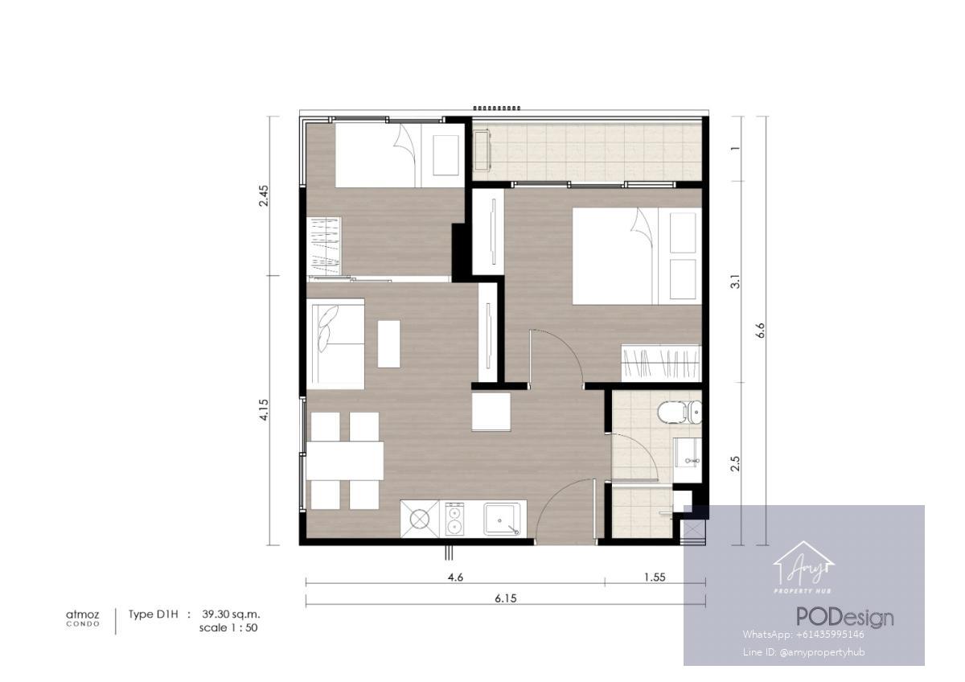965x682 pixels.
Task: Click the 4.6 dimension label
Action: pos(455,577)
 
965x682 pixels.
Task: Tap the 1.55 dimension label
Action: pos(655,577)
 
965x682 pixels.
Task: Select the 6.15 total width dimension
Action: pos(505,598)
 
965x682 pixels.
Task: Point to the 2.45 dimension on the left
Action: pos(263,195)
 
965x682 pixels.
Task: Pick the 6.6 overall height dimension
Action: pos(760,330)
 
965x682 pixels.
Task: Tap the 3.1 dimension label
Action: pos(735,281)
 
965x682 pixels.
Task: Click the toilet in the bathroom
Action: pos(680,413)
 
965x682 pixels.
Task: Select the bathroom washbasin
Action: pos(688,461)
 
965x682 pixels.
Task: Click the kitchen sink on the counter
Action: pos(502,520)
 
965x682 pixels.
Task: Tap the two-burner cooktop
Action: pos(454,519)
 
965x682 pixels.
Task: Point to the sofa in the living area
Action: pos(335,343)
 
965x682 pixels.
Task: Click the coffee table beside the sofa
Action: pos(388,343)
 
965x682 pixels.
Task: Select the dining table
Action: pos(345,461)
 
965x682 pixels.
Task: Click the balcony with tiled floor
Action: pos(587,152)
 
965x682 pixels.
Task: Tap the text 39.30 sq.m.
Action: pos(231,614)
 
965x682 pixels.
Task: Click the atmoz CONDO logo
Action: pos(83,618)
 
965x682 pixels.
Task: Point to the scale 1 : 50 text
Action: pos(228,628)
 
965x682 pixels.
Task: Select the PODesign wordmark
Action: pos(845,618)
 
